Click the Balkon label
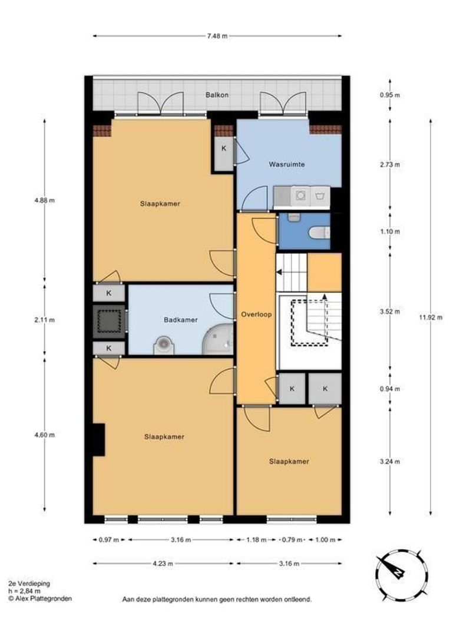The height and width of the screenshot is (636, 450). tap(217, 95)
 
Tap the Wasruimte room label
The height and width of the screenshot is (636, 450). tap(286, 164)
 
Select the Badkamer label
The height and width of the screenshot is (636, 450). tap(181, 320)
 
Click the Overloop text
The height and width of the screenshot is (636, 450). tap(256, 314)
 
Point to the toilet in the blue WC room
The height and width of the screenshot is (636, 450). tap(319, 233)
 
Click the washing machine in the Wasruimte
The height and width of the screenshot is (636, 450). tap(300, 196)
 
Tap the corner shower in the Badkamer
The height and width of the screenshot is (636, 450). tap(218, 339)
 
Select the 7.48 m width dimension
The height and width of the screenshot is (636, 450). tap(217, 36)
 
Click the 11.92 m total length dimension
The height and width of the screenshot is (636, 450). tap(431, 317)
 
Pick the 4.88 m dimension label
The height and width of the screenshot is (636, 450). tap(45, 200)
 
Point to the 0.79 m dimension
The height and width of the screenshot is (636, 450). tap(292, 539)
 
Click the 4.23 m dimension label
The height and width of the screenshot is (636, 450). tap(163, 564)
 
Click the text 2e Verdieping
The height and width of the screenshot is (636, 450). tap(29, 583)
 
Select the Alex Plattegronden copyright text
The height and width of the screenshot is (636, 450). tap(40, 598)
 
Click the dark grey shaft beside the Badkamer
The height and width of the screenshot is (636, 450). tap(109, 322)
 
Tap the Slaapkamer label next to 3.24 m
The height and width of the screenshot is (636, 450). tap(289, 461)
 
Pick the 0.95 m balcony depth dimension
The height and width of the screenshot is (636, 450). tap(389, 95)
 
